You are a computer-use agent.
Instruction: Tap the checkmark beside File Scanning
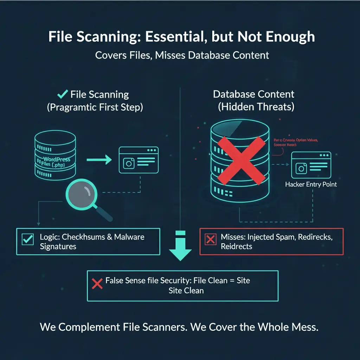point(63,94)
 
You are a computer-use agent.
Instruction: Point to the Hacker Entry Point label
point(311,184)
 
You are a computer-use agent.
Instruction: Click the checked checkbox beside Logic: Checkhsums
point(27,239)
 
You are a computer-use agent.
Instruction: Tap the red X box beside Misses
point(210,239)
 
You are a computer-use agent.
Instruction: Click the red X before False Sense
point(97,284)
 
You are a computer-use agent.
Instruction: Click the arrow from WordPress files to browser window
point(99,160)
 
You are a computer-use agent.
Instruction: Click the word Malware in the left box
point(130,237)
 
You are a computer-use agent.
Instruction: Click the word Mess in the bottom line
point(306,327)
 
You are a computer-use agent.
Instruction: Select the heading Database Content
point(253,94)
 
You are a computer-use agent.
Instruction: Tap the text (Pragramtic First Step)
point(95,107)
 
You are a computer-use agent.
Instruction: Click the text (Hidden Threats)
point(256,107)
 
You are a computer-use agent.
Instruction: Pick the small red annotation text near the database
point(296,142)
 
